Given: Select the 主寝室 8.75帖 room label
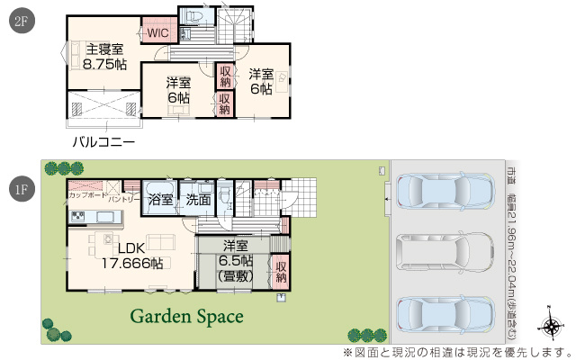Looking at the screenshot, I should (104, 57).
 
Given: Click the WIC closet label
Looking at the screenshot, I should (158, 32).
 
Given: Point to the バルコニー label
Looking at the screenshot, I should (103, 142).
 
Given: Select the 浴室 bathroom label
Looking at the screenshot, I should (160, 199).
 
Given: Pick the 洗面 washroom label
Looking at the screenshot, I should (198, 199).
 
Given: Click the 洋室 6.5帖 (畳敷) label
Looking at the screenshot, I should (235, 260).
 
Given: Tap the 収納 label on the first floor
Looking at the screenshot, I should (280, 272).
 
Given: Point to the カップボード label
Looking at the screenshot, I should (85, 195).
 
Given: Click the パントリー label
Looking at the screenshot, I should (125, 198).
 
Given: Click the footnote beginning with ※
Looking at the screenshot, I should (456, 351).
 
